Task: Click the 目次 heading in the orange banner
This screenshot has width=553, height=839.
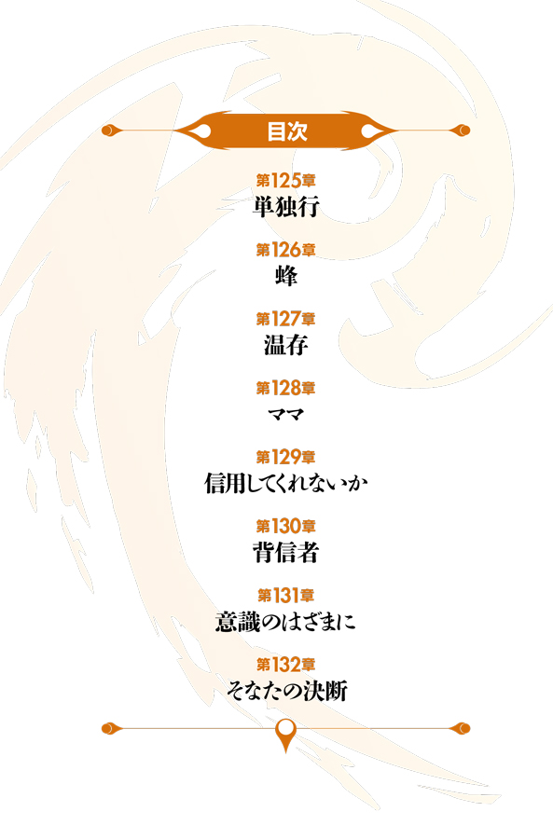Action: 287,131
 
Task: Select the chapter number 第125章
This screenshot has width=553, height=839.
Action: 286,181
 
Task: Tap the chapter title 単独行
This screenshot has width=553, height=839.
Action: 286,207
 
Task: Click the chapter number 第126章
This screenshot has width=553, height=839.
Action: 286,250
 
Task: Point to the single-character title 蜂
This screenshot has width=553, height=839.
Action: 286,276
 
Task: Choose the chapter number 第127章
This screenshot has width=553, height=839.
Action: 286,320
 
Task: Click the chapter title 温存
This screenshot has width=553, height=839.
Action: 286,345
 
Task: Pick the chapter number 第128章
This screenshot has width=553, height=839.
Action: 286,389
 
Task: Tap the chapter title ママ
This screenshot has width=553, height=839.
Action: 286,414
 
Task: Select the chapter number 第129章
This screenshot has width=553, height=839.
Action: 286,458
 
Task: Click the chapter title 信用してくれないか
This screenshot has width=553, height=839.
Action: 286,483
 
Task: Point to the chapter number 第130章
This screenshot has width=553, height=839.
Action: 286,527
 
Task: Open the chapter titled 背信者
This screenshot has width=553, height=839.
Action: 286,552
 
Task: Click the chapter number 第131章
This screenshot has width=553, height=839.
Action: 286,596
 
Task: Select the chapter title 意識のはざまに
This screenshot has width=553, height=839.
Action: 285,622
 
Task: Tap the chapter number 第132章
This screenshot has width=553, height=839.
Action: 286,665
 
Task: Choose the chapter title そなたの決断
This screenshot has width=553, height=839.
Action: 287,691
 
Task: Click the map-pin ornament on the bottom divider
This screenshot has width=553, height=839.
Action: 286,733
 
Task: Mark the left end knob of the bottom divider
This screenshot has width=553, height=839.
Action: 109,728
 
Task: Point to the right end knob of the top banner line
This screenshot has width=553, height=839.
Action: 463,130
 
